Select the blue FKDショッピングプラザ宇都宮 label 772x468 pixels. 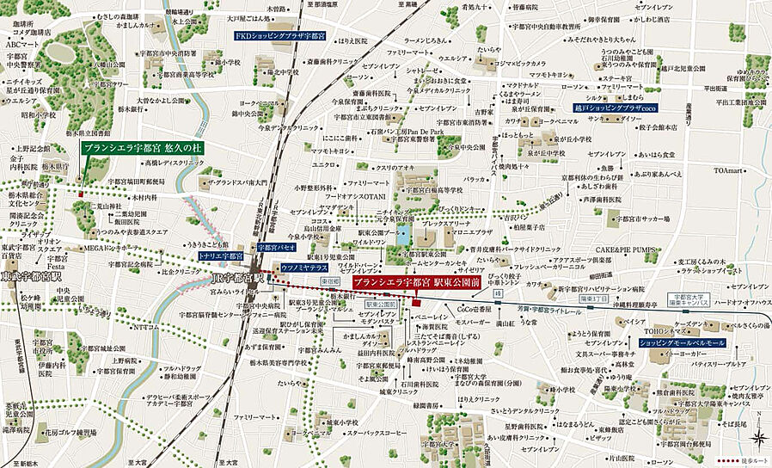279,37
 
